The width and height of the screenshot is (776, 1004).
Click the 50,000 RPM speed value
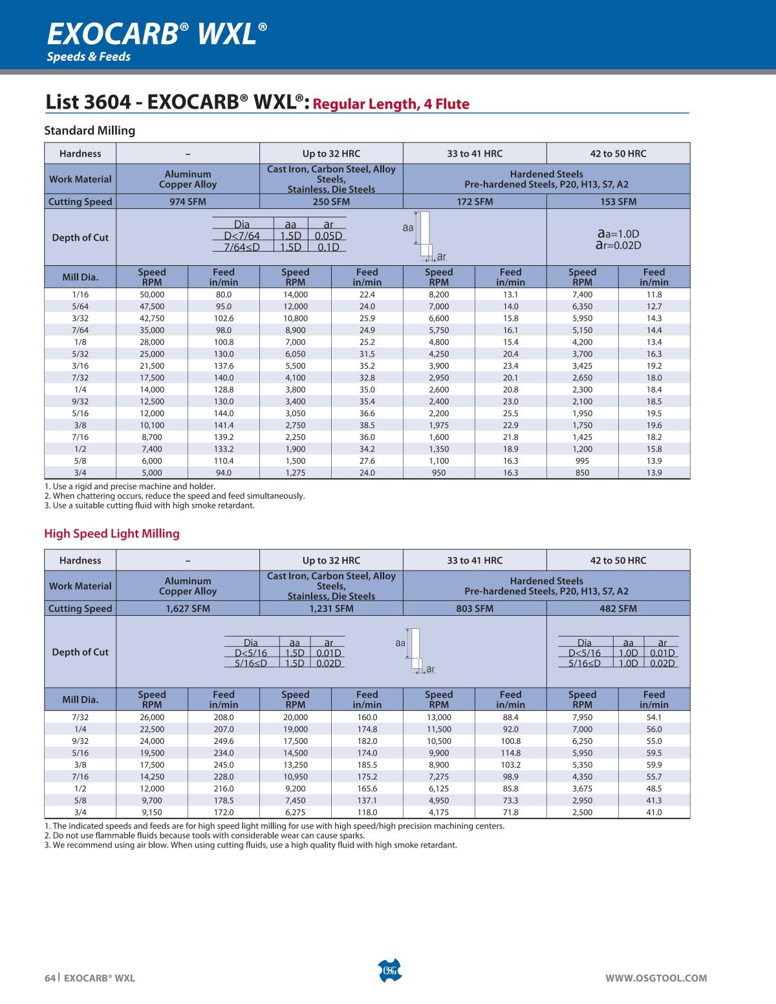(152, 294)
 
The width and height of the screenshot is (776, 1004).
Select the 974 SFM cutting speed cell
(188, 202)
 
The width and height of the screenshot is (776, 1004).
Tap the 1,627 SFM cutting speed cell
(188, 609)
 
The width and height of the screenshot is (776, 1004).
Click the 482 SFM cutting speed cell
(618, 609)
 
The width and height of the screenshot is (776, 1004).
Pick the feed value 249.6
(224, 741)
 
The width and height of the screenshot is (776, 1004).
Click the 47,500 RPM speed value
(152, 307)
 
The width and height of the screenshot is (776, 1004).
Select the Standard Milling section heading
(90, 131)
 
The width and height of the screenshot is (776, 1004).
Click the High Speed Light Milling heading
(112, 534)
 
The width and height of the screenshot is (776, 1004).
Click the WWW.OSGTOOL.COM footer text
(656, 978)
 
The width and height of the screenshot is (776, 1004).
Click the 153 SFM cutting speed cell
(618, 202)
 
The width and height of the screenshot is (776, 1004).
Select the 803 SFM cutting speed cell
(475, 609)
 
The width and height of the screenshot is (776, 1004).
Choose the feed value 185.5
(367, 765)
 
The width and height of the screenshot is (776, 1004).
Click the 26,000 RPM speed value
(152, 717)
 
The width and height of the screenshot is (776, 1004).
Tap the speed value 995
(582, 461)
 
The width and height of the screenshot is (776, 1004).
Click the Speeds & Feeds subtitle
(89, 57)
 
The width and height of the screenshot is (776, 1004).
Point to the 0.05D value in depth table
(328, 236)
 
